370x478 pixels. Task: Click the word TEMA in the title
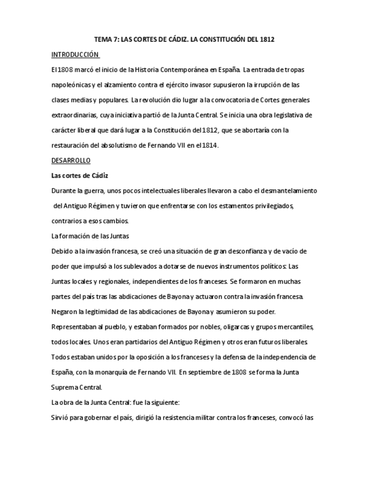click(x=104, y=39)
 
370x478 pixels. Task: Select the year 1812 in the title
click(x=265, y=39)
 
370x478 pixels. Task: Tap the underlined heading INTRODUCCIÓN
click(x=75, y=55)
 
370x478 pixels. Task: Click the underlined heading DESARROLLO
click(x=70, y=160)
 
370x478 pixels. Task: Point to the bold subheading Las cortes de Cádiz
click(x=79, y=175)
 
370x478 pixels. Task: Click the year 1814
click(x=209, y=145)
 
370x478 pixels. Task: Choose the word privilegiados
click(x=270, y=206)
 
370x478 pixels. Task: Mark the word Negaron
click(x=64, y=311)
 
